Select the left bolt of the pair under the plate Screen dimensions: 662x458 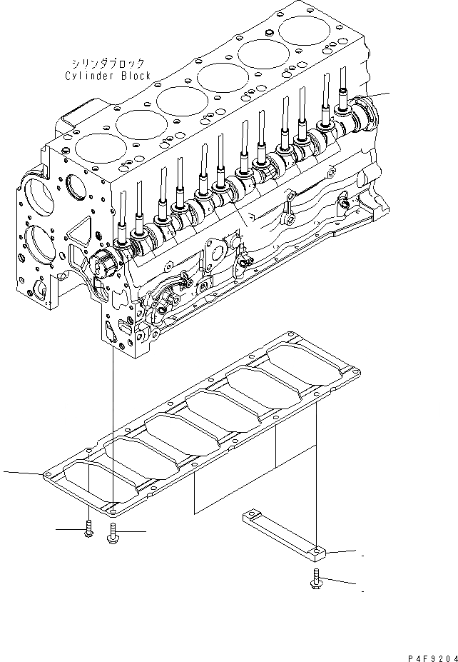tap(88, 528)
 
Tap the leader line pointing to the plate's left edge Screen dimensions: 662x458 tap(21, 472)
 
